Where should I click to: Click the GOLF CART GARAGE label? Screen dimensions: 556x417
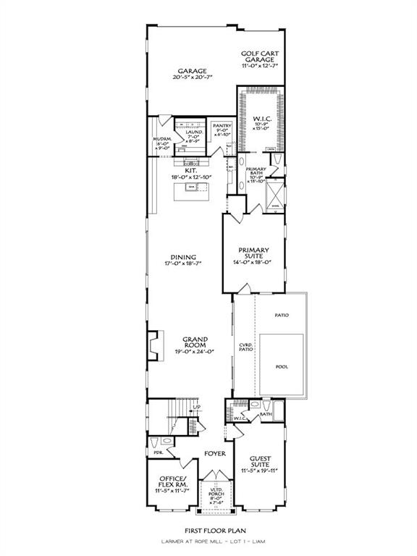pos(260,56)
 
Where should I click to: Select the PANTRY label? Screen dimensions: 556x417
pos(222,125)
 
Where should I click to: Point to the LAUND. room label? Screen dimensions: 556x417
pos(193,132)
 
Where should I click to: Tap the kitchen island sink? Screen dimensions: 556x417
pos(192,188)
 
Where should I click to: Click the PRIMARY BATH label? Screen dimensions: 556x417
pos(258,172)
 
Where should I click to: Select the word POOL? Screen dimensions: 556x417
pos(282,366)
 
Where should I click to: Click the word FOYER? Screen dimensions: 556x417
pos(214,454)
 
